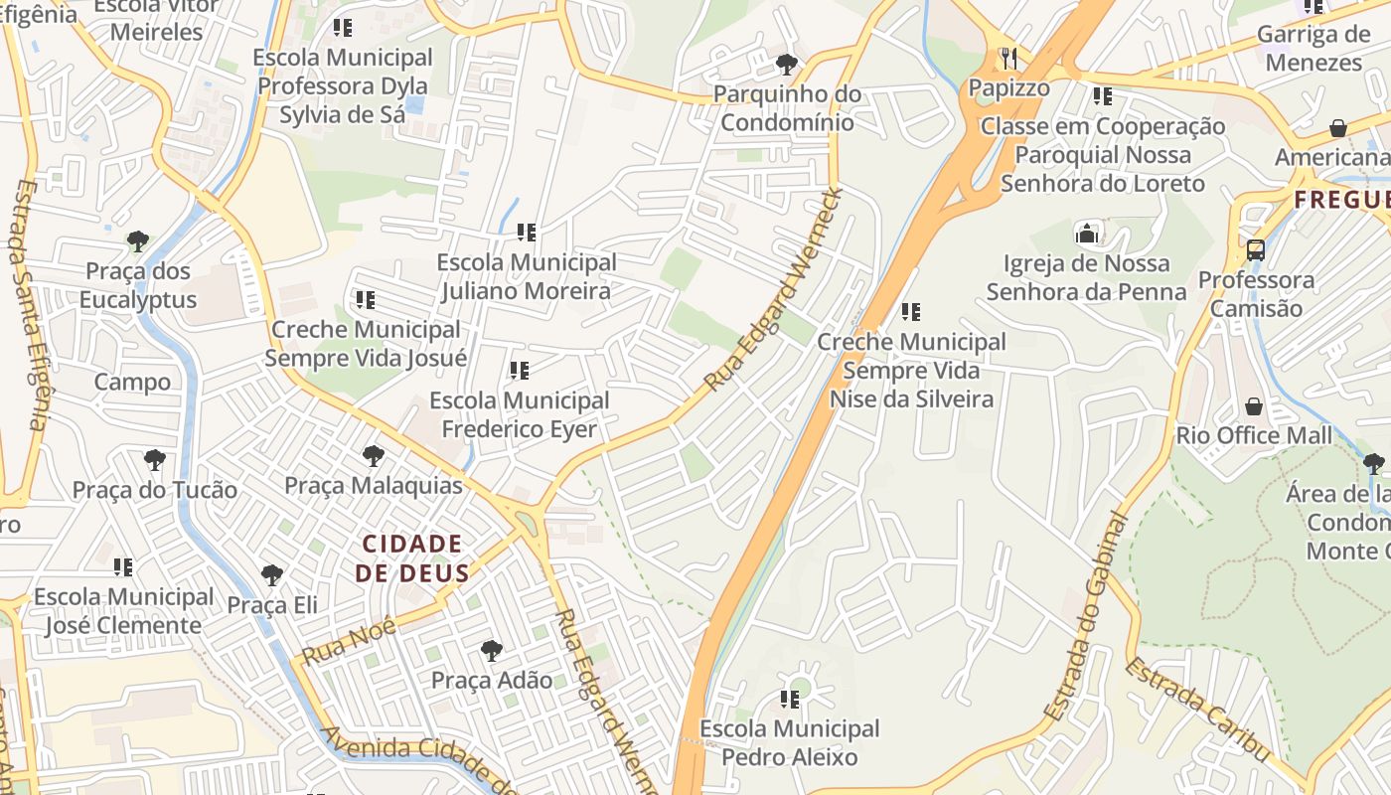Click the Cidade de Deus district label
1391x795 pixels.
pyautogui.click(x=412, y=558)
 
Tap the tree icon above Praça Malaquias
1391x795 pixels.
pyautogui.click(x=374, y=456)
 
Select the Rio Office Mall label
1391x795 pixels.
pyautogui.click(x=1254, y=435)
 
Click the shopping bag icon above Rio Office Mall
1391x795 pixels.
pyautogui.click(x=1254, y=406)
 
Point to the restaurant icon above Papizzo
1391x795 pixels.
pyautogui.click(x=1008, y=58)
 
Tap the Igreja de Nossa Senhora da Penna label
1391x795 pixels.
pyautogui.click(x=1087, y=277)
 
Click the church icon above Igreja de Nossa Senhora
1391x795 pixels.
pyautogui.click(x=1087, y=235)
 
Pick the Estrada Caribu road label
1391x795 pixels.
pyautogui.click(x=1197, y=710)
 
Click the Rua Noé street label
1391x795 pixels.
pyautogui.click(x=349, y=641)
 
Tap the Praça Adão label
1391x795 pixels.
pyautogui.click(x=491, y=681)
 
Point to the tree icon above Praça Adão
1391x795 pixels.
pyautogui.click(x=491, y=651)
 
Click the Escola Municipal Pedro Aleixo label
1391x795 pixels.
pyautogui.click(x=790, y=742)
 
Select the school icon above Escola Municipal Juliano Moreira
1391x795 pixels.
pyautogui.click(x=526, y=233)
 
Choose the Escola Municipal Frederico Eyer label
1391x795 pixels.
pyautogui.click(x=520, y=414)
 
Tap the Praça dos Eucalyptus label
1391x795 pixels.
pyautogui.click(x=138, y=285)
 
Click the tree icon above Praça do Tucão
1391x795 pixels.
pyautogui.click(x=154, y=460)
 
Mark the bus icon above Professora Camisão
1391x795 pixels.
pyautogui.click(x=1256, y=249)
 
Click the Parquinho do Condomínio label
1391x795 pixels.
pyautogui.click(x=787, y=108)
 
